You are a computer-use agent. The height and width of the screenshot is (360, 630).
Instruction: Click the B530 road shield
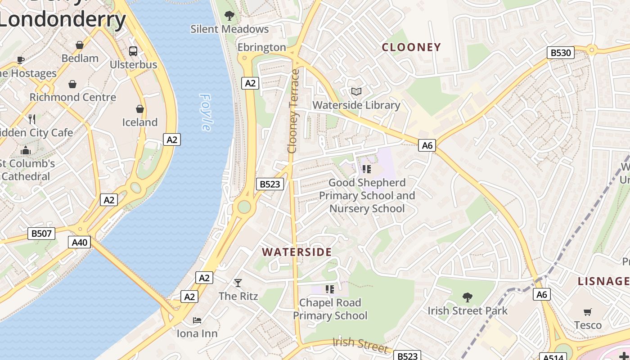tap(561, 53)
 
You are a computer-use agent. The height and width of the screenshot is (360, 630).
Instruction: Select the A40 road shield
tap(80, 243)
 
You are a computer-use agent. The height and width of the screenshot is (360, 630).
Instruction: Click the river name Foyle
tap(206, 112)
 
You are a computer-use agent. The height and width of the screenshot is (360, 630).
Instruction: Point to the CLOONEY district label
tap(411, 47)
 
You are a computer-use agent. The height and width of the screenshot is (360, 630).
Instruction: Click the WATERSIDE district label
tap(297, 252)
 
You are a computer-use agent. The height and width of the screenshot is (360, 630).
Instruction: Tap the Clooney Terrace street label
tap(293, 111)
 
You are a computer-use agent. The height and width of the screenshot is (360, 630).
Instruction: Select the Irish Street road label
tap(360, 345)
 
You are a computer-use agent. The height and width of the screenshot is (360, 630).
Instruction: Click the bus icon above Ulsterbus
tap(133, 51)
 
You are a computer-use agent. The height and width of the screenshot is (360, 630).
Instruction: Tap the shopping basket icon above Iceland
tap(140, 109)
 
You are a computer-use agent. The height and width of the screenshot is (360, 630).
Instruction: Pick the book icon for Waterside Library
tap(356, 92)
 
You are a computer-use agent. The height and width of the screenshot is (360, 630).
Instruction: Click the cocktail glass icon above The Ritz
tap(238, 283)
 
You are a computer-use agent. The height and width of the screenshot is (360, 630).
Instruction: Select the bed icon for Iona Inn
tap(197, 320)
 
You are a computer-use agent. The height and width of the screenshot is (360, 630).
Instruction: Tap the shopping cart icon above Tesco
tap(587, 312)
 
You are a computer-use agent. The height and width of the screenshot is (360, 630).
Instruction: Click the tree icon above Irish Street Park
tap(468, 297)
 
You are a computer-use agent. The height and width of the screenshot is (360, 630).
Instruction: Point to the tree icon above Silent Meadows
tap(229, 16)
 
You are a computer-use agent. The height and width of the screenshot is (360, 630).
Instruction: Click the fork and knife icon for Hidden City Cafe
tap(32, 119)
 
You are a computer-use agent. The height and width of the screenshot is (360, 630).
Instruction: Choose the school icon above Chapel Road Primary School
tap(330, 289)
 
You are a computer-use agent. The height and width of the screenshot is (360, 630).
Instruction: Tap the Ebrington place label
tap(261, 47)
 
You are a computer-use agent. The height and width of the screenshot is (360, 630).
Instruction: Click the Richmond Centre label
tap(72, 97)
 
